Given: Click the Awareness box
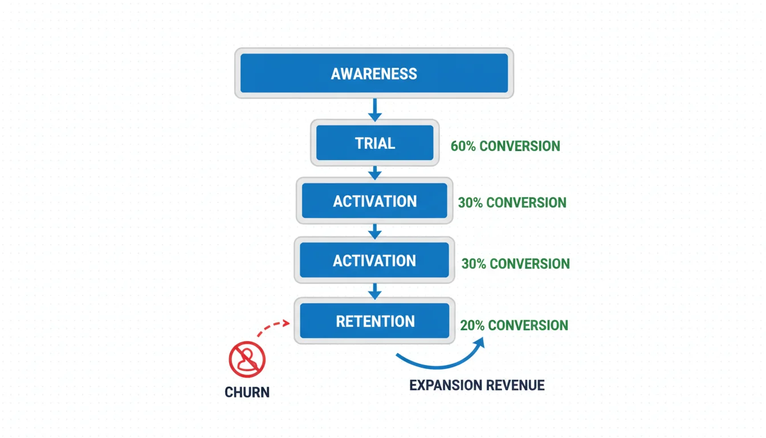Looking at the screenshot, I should click(374, 74).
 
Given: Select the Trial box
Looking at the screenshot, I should click(374, 143).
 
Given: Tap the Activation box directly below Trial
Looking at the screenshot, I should click(374, 201).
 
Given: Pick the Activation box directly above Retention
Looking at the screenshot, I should click(374, 261).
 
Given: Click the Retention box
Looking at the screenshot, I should click(374, 321).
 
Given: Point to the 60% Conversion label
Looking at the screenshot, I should click(505, 146).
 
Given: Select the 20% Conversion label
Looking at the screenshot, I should click(514, 325).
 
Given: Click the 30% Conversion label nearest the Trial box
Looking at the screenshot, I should click(512, 202).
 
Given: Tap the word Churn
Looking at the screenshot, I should click(247, 392).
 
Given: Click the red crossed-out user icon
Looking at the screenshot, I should click(247, 359).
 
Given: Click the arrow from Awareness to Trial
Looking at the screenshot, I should click(374, 109).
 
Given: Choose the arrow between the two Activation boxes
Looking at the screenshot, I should click(374, 231).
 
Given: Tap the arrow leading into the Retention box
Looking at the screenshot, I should click(374, 291).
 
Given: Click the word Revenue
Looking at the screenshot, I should click(513, 386).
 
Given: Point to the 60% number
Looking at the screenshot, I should click(463, 146).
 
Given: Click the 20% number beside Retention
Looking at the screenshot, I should click(472, 325).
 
